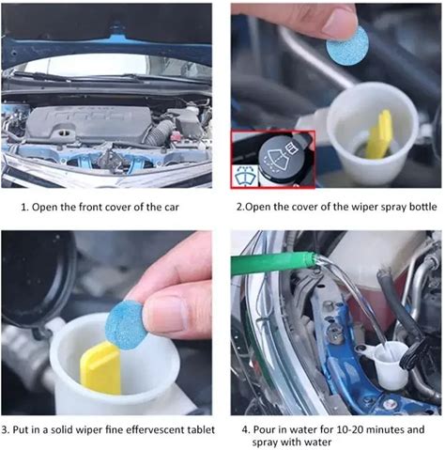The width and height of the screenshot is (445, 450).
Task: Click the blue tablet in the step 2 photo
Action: [x=347, y=46]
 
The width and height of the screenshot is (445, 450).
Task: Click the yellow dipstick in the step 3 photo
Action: [x=100, y=367]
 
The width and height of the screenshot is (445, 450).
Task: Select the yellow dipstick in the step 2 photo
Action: [x=379, y=135]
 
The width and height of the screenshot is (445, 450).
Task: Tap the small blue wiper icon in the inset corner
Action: [x=246, y=177]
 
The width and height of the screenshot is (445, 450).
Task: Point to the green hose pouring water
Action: [x=271, y=261]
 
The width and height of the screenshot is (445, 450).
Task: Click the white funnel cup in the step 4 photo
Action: [x=391, y=364]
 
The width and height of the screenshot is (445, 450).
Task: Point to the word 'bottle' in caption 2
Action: [x=422, y=207]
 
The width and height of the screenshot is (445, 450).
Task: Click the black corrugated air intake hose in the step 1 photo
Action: [x=161, y=132]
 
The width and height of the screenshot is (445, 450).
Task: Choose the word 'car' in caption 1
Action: [x=172, y=209]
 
